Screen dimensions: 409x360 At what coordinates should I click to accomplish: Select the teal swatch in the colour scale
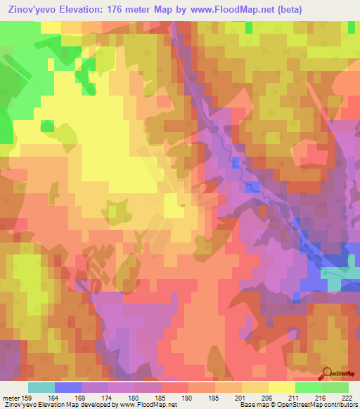41,387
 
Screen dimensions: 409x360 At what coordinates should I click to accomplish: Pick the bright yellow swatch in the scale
281,387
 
